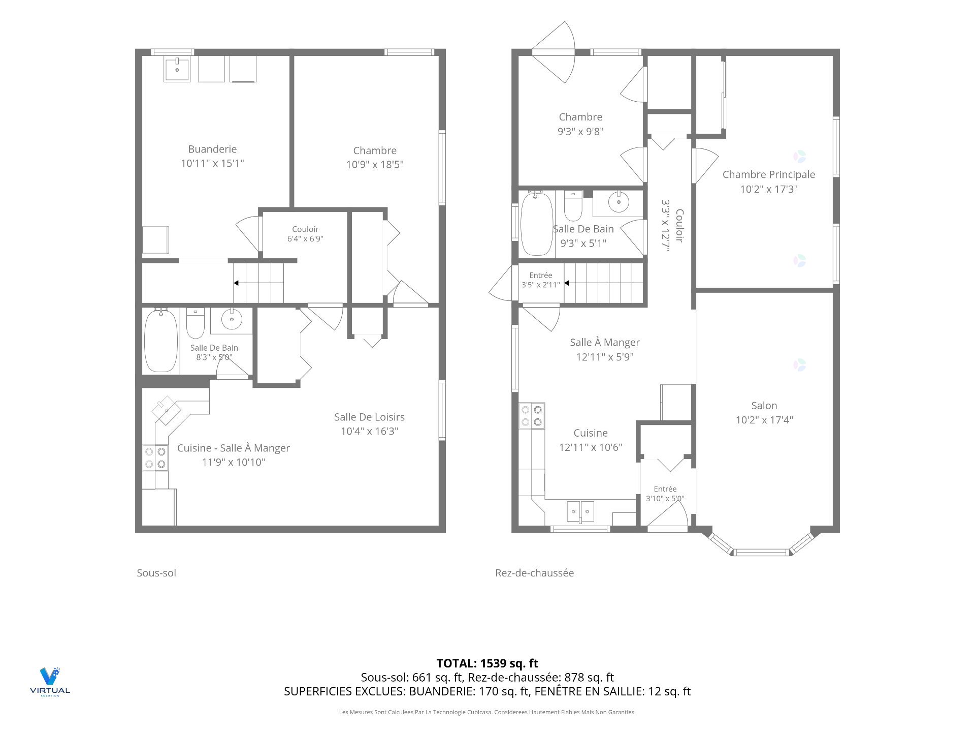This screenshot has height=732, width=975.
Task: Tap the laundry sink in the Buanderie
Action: pyautogui.click(x=177, y=69)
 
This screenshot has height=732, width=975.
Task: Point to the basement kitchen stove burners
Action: pyautogui.click(x=155, y=457)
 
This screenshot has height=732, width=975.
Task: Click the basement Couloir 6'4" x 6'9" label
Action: pyautogui.click(x=305, y=234)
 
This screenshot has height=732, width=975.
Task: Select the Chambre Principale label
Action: pyautogui.click(x=769, y=174)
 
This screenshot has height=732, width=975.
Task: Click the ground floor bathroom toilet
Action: pyautogui.click(x=573, y=205)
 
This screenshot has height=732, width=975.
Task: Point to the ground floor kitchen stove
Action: pyautogui.click(x=532, y=415)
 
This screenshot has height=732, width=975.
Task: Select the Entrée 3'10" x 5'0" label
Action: pyautogui.click(x=665, y=494)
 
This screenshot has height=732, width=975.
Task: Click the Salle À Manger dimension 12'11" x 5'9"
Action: pyautogui.click(x=605, y=357)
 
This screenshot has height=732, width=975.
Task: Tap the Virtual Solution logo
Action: pyautogui.click(x=50, y=682)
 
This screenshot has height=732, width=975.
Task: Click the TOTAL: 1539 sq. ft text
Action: pyautogui.click(x=487, y=663)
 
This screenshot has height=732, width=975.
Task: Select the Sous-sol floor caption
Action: pyautogui.click(x=156, y=573)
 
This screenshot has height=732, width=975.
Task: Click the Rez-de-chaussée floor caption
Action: pyautogui.click(x=535, y=573)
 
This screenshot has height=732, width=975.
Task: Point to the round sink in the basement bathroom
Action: pyautogui.click(x=232, y=319)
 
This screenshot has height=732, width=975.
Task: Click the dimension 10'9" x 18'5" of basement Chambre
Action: pyautogui.click(x=375, y=164)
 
